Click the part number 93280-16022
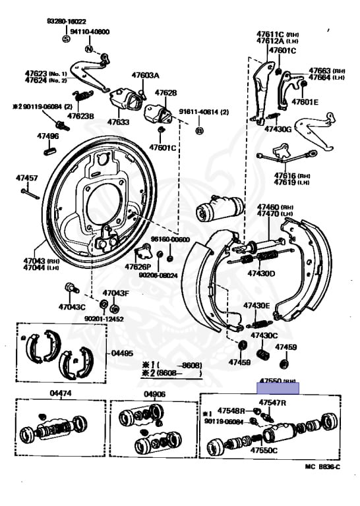click(67, 21)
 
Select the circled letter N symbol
click(88, 49)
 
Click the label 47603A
click(145, 76)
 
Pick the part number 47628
click(165, 93)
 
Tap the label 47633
click(118, 122)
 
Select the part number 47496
click(47, 136)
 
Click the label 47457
click(27, 179)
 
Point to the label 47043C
click(71, 306)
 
